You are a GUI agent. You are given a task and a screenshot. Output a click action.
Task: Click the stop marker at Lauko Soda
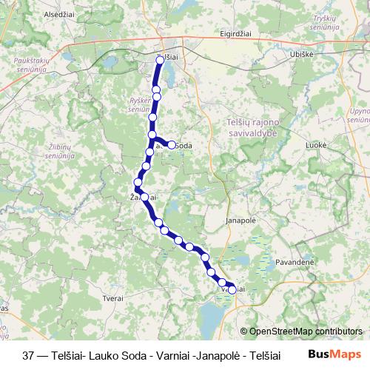click(172, 145)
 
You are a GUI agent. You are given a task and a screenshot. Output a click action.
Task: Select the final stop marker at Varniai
click(232, 290)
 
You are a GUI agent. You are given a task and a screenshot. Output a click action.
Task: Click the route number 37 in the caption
click(29, 354)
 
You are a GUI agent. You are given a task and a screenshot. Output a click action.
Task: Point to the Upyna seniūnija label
click(359, 115)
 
